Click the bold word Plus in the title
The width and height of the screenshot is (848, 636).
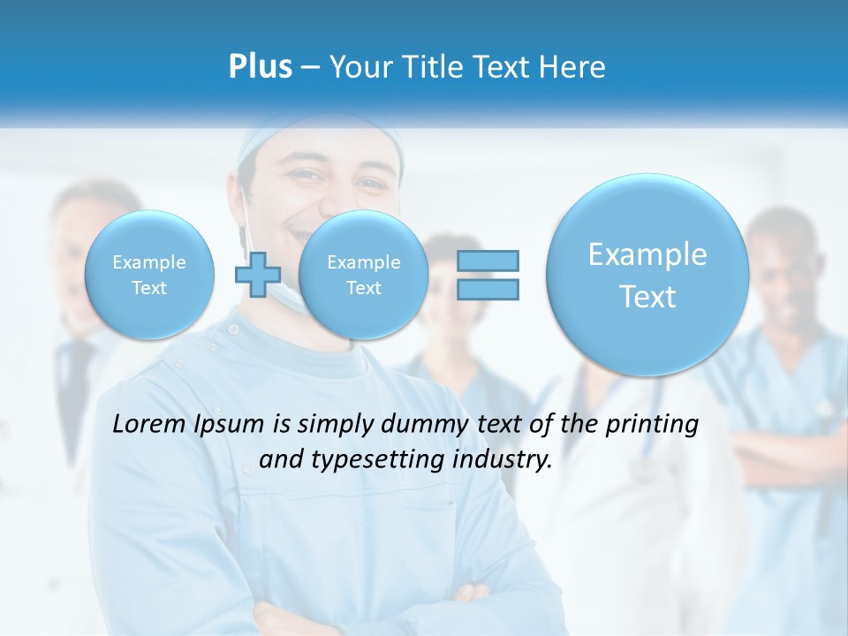point(260,66)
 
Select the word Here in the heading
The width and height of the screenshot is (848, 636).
point(573,66)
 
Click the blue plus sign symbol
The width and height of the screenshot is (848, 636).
point(257,275)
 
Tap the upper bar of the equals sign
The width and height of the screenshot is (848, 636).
point(488,261)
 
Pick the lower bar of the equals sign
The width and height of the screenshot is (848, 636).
point(488,289)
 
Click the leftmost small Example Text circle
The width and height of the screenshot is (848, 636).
point(149,275)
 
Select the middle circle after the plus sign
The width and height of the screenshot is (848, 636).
point(364,275)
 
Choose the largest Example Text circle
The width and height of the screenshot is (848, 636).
point(647,275)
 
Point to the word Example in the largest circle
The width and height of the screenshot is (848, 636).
point(647,254)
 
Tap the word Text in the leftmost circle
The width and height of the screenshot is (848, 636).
point(149,288)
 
